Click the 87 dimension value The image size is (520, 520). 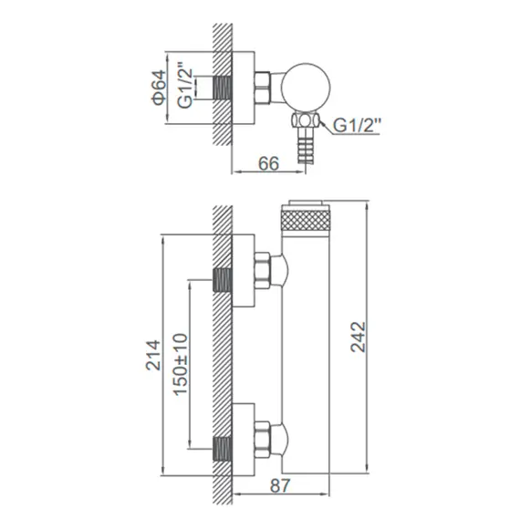click(x=281, y=486)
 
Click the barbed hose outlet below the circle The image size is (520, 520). click(x=306, y=147)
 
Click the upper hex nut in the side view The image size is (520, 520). click(x=263, y=273)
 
